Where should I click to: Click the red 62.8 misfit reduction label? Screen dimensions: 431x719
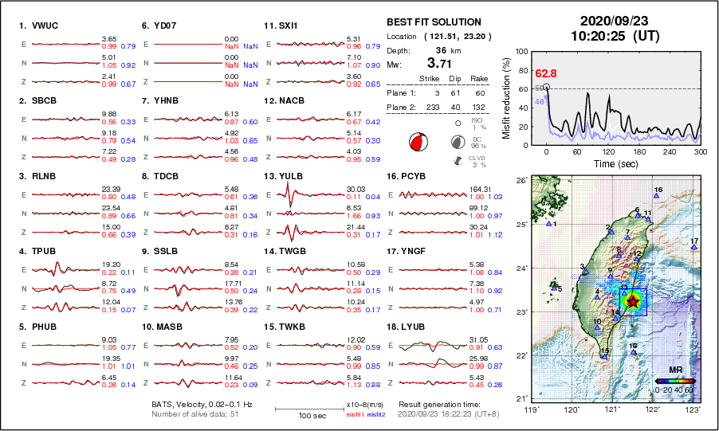(x=545, y=73)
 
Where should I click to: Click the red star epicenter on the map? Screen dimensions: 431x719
(x=633, y=301)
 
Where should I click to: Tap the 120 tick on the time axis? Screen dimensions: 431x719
(x=608, y=151)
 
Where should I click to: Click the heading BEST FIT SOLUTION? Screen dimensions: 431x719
(x=434, y=22)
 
